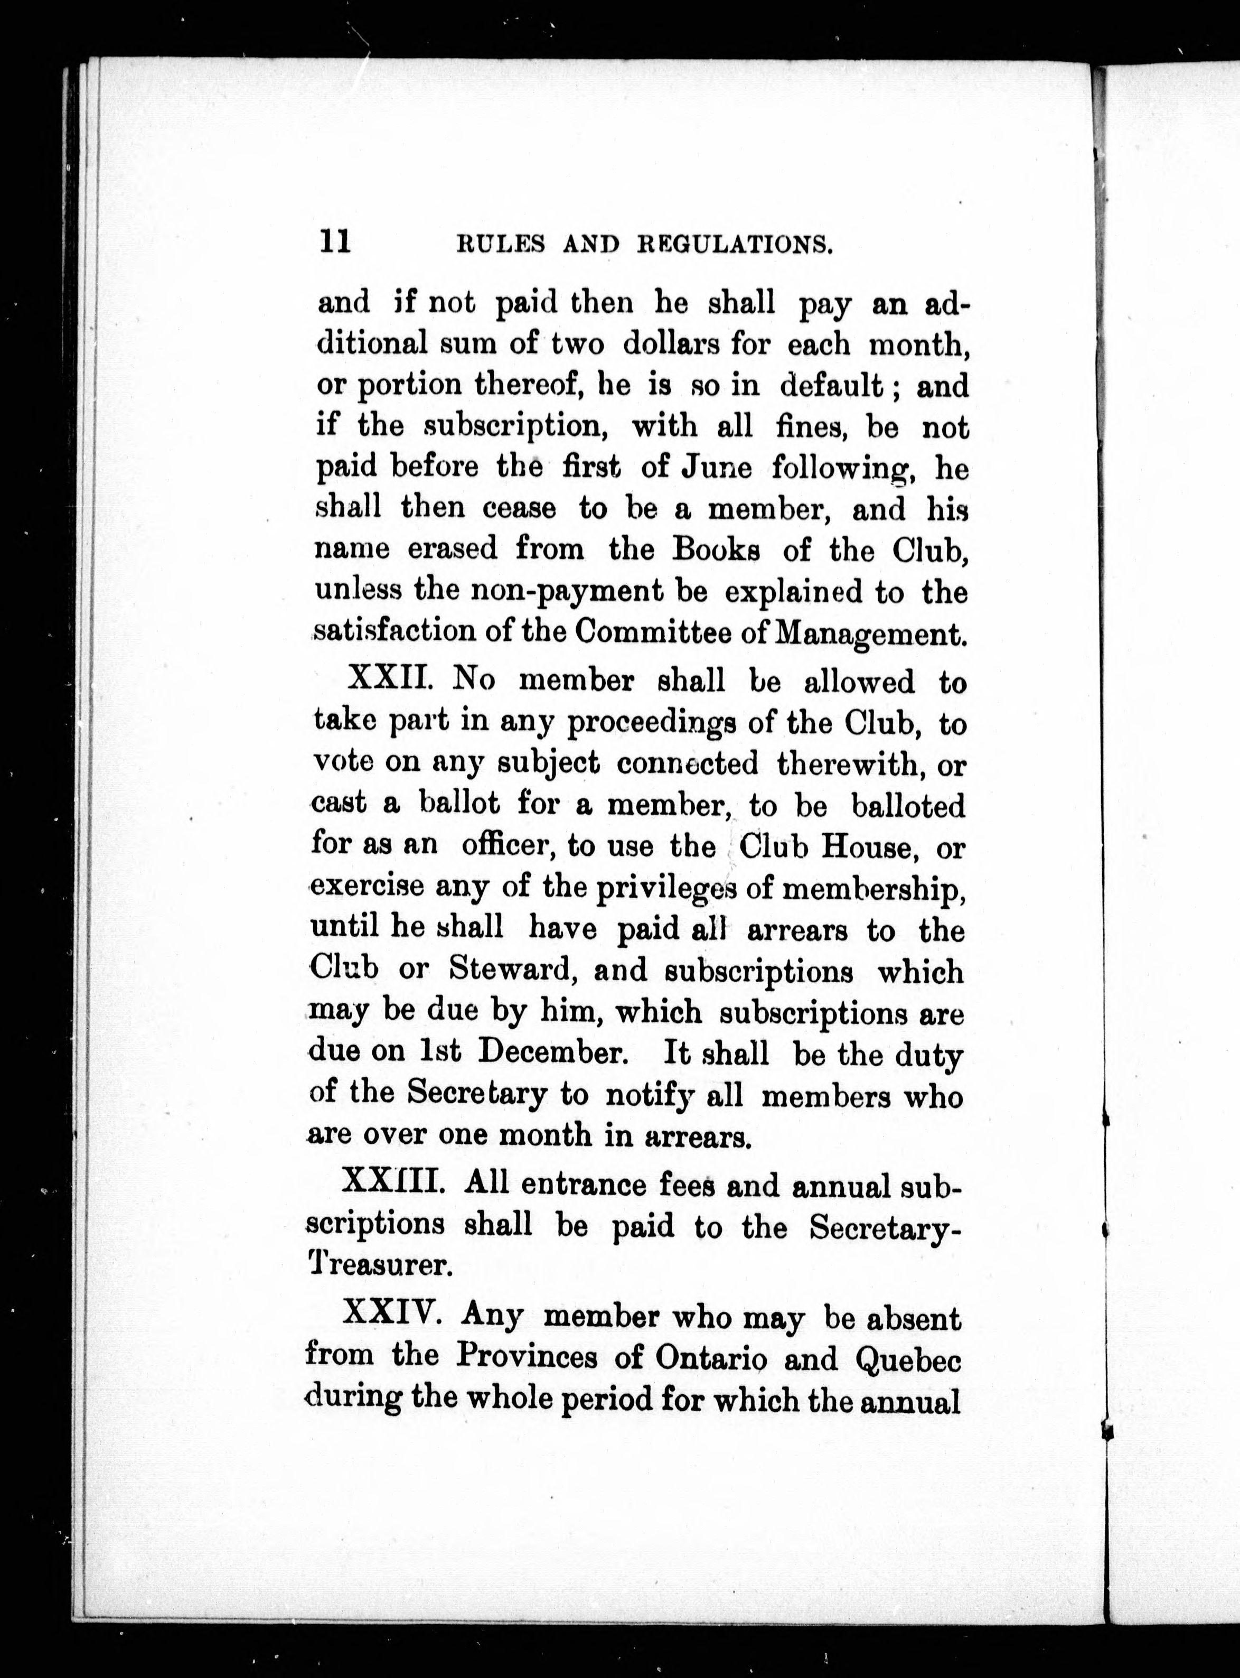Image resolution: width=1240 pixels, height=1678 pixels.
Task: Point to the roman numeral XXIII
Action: pyautogui.click(x=396, y=1185)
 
